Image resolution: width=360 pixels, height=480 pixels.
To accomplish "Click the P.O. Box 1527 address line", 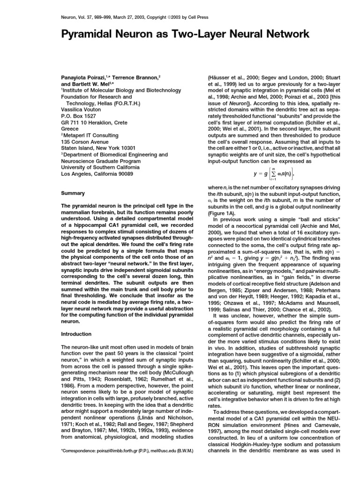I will pyautogui.click(x=78, y=115).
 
